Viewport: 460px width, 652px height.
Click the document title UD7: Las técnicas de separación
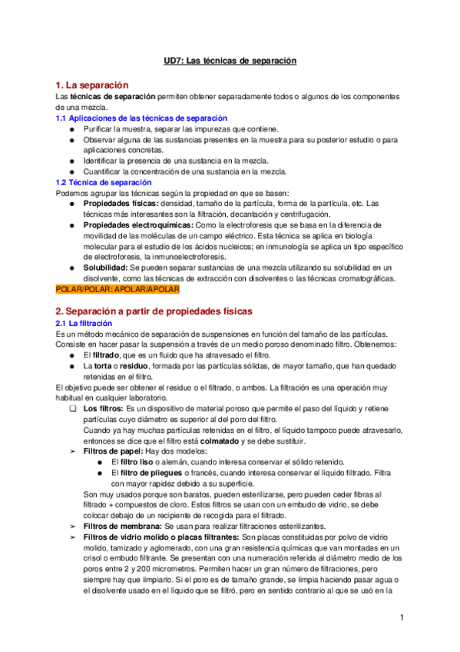tap(230, 59)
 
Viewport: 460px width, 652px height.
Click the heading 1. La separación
tap(92, 85)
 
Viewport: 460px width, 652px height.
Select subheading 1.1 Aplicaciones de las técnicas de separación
tap(142, 118)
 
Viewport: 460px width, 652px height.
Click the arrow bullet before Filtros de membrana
tap(71, 527)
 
